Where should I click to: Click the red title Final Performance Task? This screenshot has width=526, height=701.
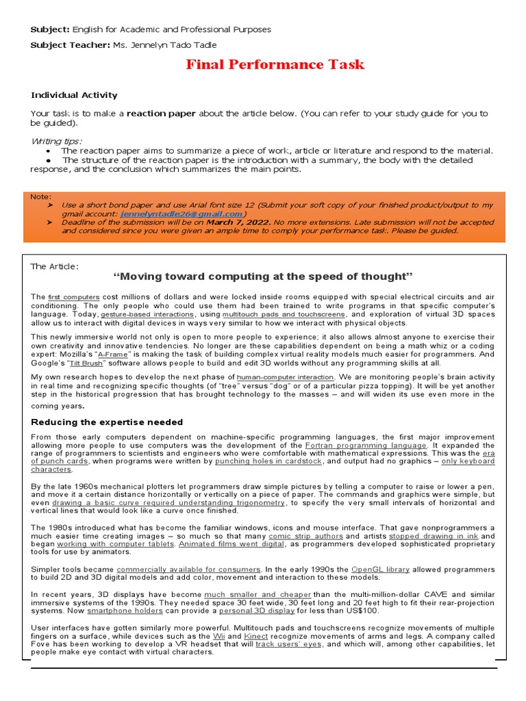coord(275,65)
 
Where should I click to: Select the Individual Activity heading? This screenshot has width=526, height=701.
coord(74,95)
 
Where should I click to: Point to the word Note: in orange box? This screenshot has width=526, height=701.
coord(40,196)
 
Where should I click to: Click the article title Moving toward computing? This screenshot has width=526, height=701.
coord(263,277)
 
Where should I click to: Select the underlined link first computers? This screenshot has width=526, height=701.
coord(73,296)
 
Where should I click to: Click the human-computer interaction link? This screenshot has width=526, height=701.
coord(286,377)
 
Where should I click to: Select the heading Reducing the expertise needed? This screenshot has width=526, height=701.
coord(107,422)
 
